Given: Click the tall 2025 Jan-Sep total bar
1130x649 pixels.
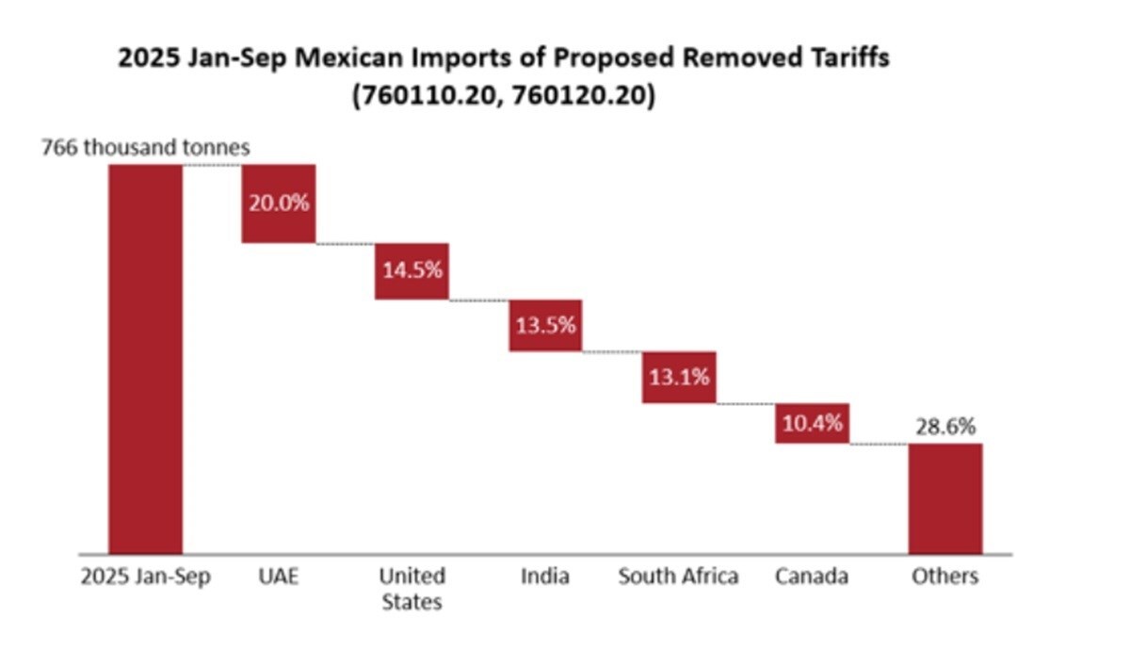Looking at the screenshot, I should click(145, 358).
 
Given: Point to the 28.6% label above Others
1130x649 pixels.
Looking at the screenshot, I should click(945, 427).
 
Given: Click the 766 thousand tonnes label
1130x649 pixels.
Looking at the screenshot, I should click(145, 148).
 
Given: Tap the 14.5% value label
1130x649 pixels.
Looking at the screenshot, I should click(412, 269).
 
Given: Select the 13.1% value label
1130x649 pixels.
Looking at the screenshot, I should click(679, 378).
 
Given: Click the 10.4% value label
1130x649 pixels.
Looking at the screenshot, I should click(813, 423).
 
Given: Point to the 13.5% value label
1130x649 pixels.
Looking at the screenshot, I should click(545, 326).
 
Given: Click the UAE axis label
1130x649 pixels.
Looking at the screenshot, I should click(278, 576).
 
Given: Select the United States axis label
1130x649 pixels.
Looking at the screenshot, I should click(412, 589).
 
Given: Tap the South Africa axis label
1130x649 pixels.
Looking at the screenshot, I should click(678, 576).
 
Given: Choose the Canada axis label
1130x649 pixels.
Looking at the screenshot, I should click(812, 576).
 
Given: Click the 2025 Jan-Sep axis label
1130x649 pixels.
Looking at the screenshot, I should click(145, 576).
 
